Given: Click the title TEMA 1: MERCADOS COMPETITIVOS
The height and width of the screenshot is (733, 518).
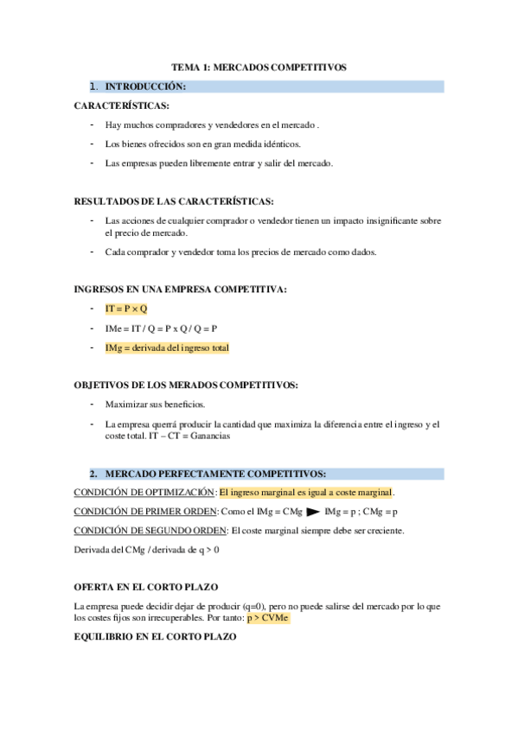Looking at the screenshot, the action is (259, 67).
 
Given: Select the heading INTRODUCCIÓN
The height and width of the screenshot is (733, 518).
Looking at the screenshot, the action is (144, 86).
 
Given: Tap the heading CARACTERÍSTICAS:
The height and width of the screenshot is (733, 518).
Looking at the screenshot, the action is (121, 105).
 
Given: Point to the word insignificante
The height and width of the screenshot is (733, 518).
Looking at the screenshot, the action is (374, 220).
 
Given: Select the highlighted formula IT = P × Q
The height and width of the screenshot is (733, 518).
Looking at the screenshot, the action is (126, 309).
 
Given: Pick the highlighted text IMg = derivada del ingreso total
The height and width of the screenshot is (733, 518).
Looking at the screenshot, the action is (167, 347).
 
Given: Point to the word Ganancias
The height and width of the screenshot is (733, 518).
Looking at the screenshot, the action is (210, 436).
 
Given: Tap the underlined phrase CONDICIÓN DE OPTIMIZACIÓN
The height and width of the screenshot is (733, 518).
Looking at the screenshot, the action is (144, 493).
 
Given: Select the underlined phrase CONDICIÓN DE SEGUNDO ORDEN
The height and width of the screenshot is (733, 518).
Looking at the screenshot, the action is (149, 531).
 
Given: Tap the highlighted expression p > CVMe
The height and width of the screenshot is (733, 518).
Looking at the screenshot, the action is (267, 619).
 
